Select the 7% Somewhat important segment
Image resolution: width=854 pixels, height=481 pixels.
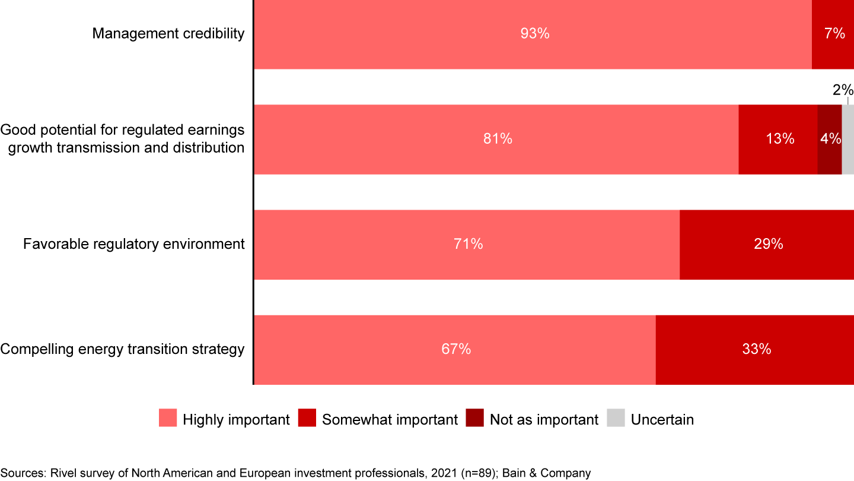tap(833, 34)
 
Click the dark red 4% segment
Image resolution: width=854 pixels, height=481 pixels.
tap(829, 139)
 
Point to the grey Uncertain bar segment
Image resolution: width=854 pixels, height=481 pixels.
tap(848, 139)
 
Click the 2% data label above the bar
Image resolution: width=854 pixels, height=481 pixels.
tap(843, 90)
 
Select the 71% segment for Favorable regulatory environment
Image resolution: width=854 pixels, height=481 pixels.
tap(467, 244)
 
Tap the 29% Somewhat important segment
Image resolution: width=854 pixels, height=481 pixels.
tap(767, 244)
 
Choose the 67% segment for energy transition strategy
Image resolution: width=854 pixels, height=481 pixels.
tap(455, 350)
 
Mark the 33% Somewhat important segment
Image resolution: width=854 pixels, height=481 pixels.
tap(755, 350)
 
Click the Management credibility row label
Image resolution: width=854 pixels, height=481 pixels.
tap(168, 34)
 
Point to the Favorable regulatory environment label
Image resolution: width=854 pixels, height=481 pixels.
tap(134, 244)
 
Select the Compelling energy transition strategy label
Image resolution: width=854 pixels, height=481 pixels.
tap(122, 349)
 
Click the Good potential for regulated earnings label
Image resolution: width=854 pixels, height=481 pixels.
tap(123, 139)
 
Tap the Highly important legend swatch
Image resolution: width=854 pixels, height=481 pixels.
tap(168, 418)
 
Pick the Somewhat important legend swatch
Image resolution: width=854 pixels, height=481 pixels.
tap(307, 418)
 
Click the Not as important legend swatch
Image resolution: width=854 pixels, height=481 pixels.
tap(475, 418)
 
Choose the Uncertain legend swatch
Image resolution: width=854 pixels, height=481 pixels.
tap(616, 418)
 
